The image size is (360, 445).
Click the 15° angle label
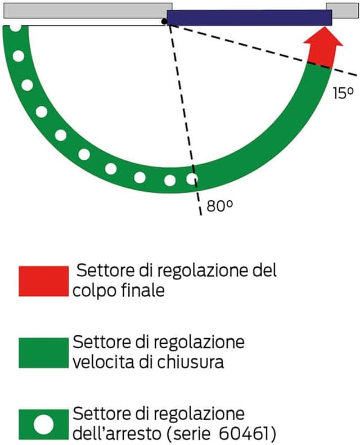pyautogui.click(x=343, y=93)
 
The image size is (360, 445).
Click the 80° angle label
pyautogui.click(x=220, y=206)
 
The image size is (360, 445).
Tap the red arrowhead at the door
pyautogui.click(x=323, y=48)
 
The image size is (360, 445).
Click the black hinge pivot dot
pyautogui.click(x=164, y=22)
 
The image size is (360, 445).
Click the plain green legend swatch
pyautogui.click(x=43, y=353)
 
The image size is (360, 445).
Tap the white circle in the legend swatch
pyautogui.click(x=43, y=424)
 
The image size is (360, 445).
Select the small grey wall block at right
pyautogui.click(x=342, y=10)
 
